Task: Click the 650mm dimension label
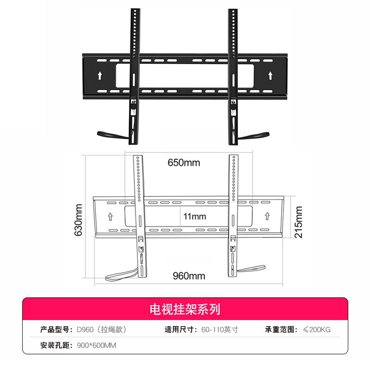[184, 163]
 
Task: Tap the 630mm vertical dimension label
[78, 220]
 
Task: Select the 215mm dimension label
[298, 222]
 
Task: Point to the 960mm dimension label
[189, 276]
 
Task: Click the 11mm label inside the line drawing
[195, 216]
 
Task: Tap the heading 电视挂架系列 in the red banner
[185, 309]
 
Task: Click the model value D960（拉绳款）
[102, 329]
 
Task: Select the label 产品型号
[55, 329]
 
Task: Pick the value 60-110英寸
[220, 329]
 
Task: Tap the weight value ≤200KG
[317, 329]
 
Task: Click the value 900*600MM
[97, 345]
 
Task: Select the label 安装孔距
[55, 345]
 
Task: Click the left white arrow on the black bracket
[100, 75]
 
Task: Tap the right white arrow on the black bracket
[271, 75]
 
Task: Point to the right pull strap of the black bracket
[253, 136]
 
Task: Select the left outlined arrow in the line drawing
[110, 216]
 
